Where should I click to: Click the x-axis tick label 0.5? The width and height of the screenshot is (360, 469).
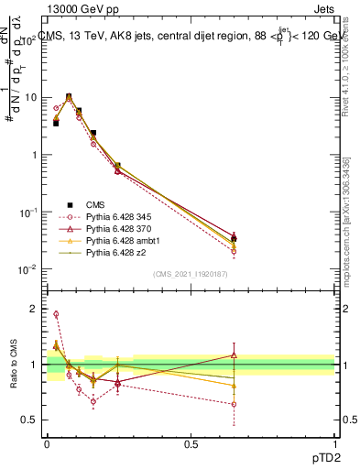[x=191, y=442]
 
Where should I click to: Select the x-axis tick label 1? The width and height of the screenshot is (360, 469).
[x=334, y=442]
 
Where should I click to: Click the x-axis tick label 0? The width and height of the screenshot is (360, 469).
[x=47, y=442]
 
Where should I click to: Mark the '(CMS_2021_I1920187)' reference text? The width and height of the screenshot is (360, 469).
[x=191, y=274]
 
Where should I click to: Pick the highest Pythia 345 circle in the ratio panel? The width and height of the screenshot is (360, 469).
[x=56, y=314]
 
